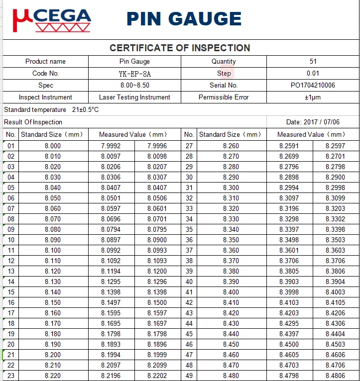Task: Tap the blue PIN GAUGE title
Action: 184,19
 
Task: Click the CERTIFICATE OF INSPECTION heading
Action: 180,48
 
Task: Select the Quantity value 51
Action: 313,62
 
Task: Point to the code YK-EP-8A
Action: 134,74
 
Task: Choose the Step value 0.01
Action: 313,74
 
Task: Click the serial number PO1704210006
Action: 313,86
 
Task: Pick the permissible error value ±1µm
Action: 313,97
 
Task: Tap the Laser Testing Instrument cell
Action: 134,97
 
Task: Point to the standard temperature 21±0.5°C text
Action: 51,109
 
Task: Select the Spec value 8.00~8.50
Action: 134,86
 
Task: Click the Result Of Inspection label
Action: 33,122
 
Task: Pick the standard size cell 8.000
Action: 53,146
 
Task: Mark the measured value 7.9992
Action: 111,146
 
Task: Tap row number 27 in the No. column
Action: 189,146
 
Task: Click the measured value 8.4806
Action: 335,376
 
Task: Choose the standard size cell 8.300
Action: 231,188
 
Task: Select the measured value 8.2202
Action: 157,376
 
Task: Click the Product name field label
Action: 45,62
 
